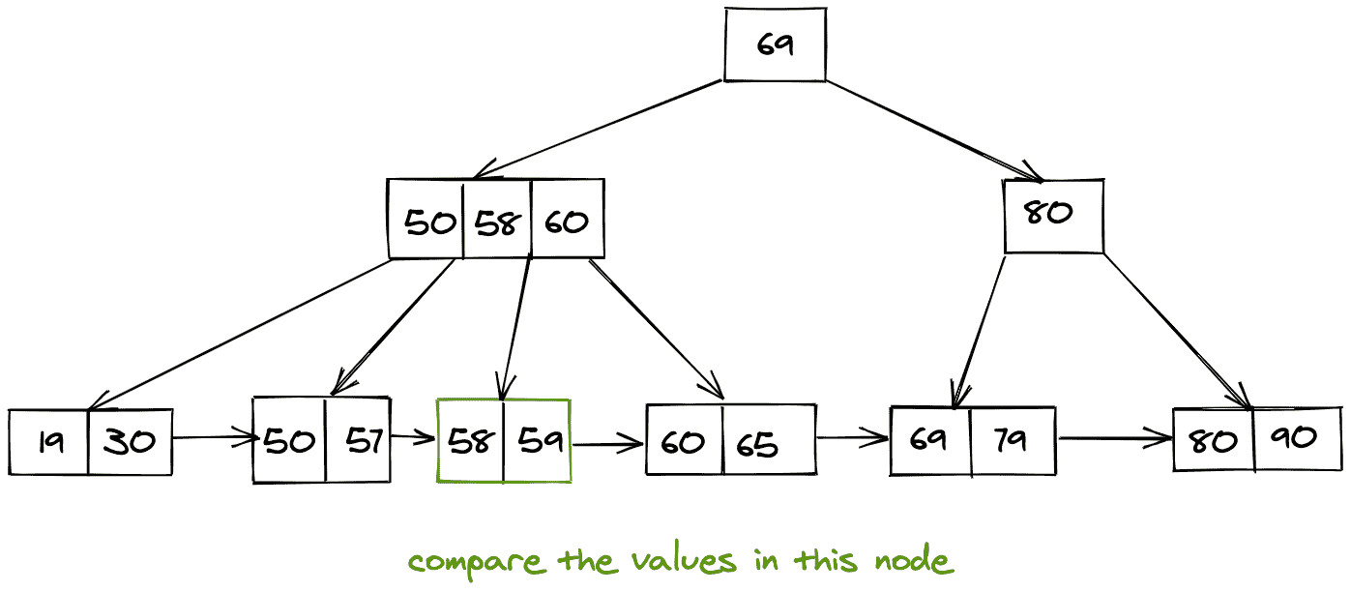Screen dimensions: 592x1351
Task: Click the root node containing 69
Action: click(x=775, y=44)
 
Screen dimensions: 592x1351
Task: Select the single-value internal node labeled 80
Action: click(x=1053, y=216)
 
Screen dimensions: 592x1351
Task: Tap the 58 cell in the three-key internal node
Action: click(x=497, y=221)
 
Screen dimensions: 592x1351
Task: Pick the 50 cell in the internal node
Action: click(x=426, y=221)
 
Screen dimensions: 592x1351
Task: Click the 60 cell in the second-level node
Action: click(x=568, y=221)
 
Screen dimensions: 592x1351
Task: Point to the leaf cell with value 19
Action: click(x=49, y=442)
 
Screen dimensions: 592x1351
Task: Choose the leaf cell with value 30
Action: click(x=130, y=442)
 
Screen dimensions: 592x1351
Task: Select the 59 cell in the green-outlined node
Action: click(x=536, y=440)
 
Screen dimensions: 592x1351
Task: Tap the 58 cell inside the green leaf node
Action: click(x=470, y=440)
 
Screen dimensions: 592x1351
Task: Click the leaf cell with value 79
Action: click(x=1013, y=440)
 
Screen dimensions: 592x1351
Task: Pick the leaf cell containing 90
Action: click(x=1297, y=438)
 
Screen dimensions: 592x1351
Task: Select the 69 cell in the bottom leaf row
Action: click(x=930, y=440)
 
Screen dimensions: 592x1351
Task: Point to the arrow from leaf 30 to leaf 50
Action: click(x=213, y=439)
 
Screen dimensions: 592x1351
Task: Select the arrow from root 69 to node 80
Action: click(x=933, y=131)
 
